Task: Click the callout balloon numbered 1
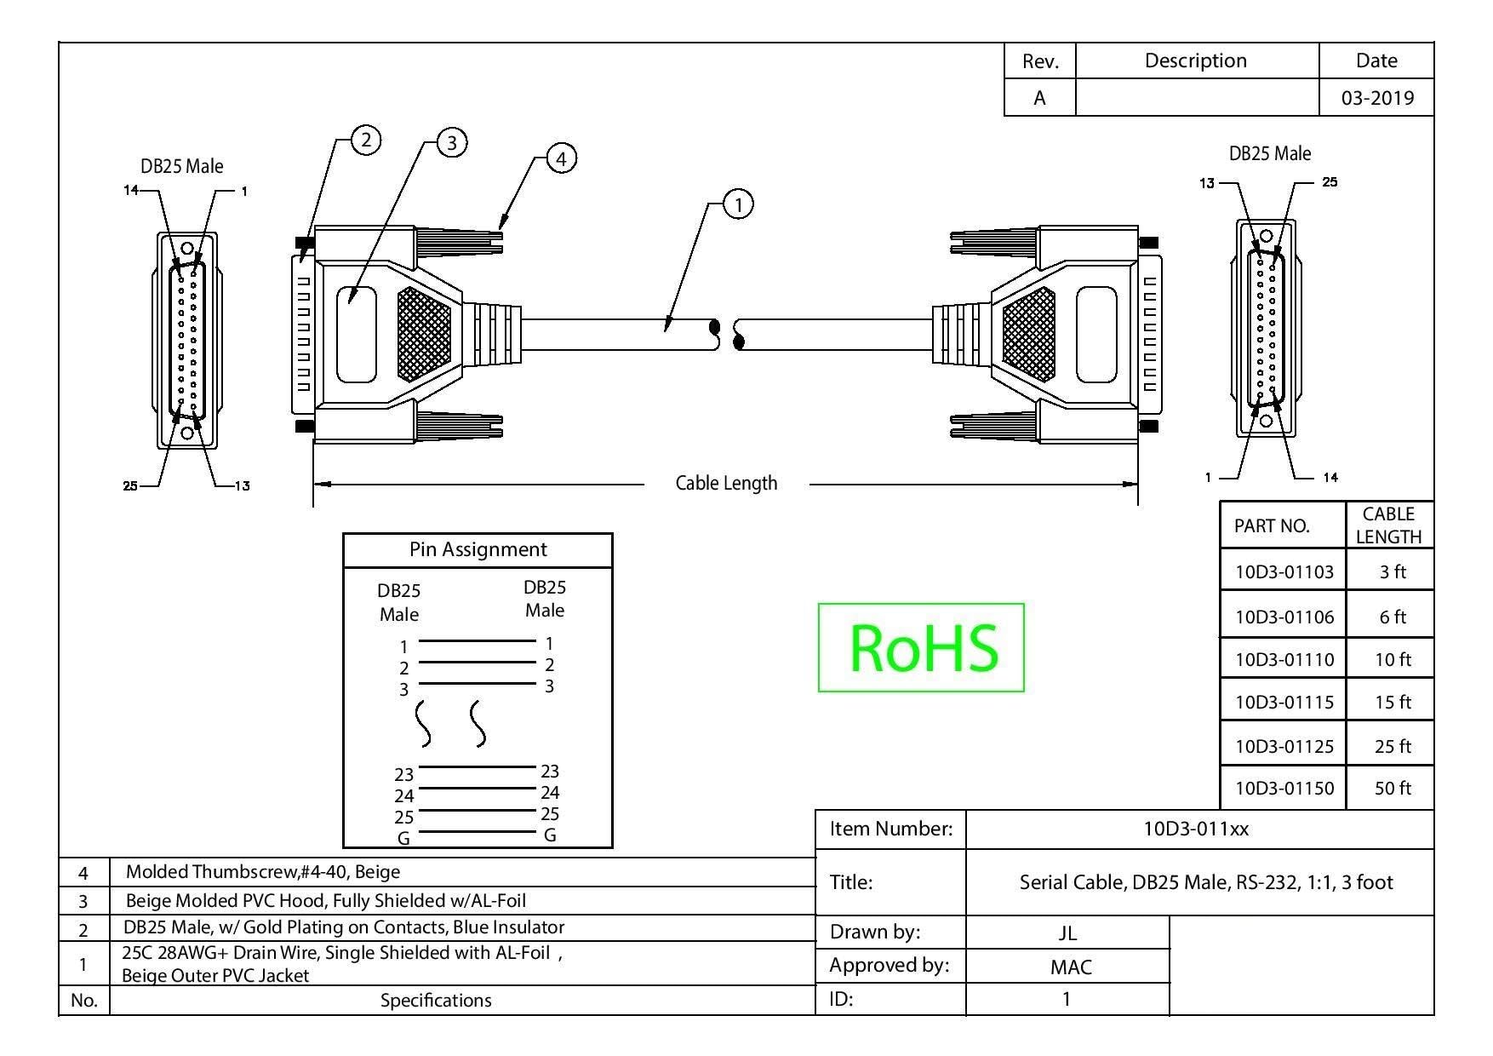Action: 738,204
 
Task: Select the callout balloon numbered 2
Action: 366,140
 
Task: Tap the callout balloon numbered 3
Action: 452,142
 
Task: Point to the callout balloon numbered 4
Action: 561,158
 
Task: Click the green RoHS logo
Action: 921,647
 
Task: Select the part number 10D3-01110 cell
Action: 1284,659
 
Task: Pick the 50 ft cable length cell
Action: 1392,788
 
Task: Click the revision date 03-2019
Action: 1377,98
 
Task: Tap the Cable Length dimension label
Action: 726,483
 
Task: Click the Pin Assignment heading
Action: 478,549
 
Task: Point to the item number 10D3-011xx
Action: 1196,829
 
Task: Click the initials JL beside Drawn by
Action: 1067,933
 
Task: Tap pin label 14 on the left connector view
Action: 131,190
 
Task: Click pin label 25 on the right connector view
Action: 1330,181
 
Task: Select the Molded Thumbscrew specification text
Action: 263,871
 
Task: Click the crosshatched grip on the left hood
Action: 424,334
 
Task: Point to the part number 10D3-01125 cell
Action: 1284,746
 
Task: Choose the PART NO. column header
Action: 1272,525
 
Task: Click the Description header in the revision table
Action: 1195,60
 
